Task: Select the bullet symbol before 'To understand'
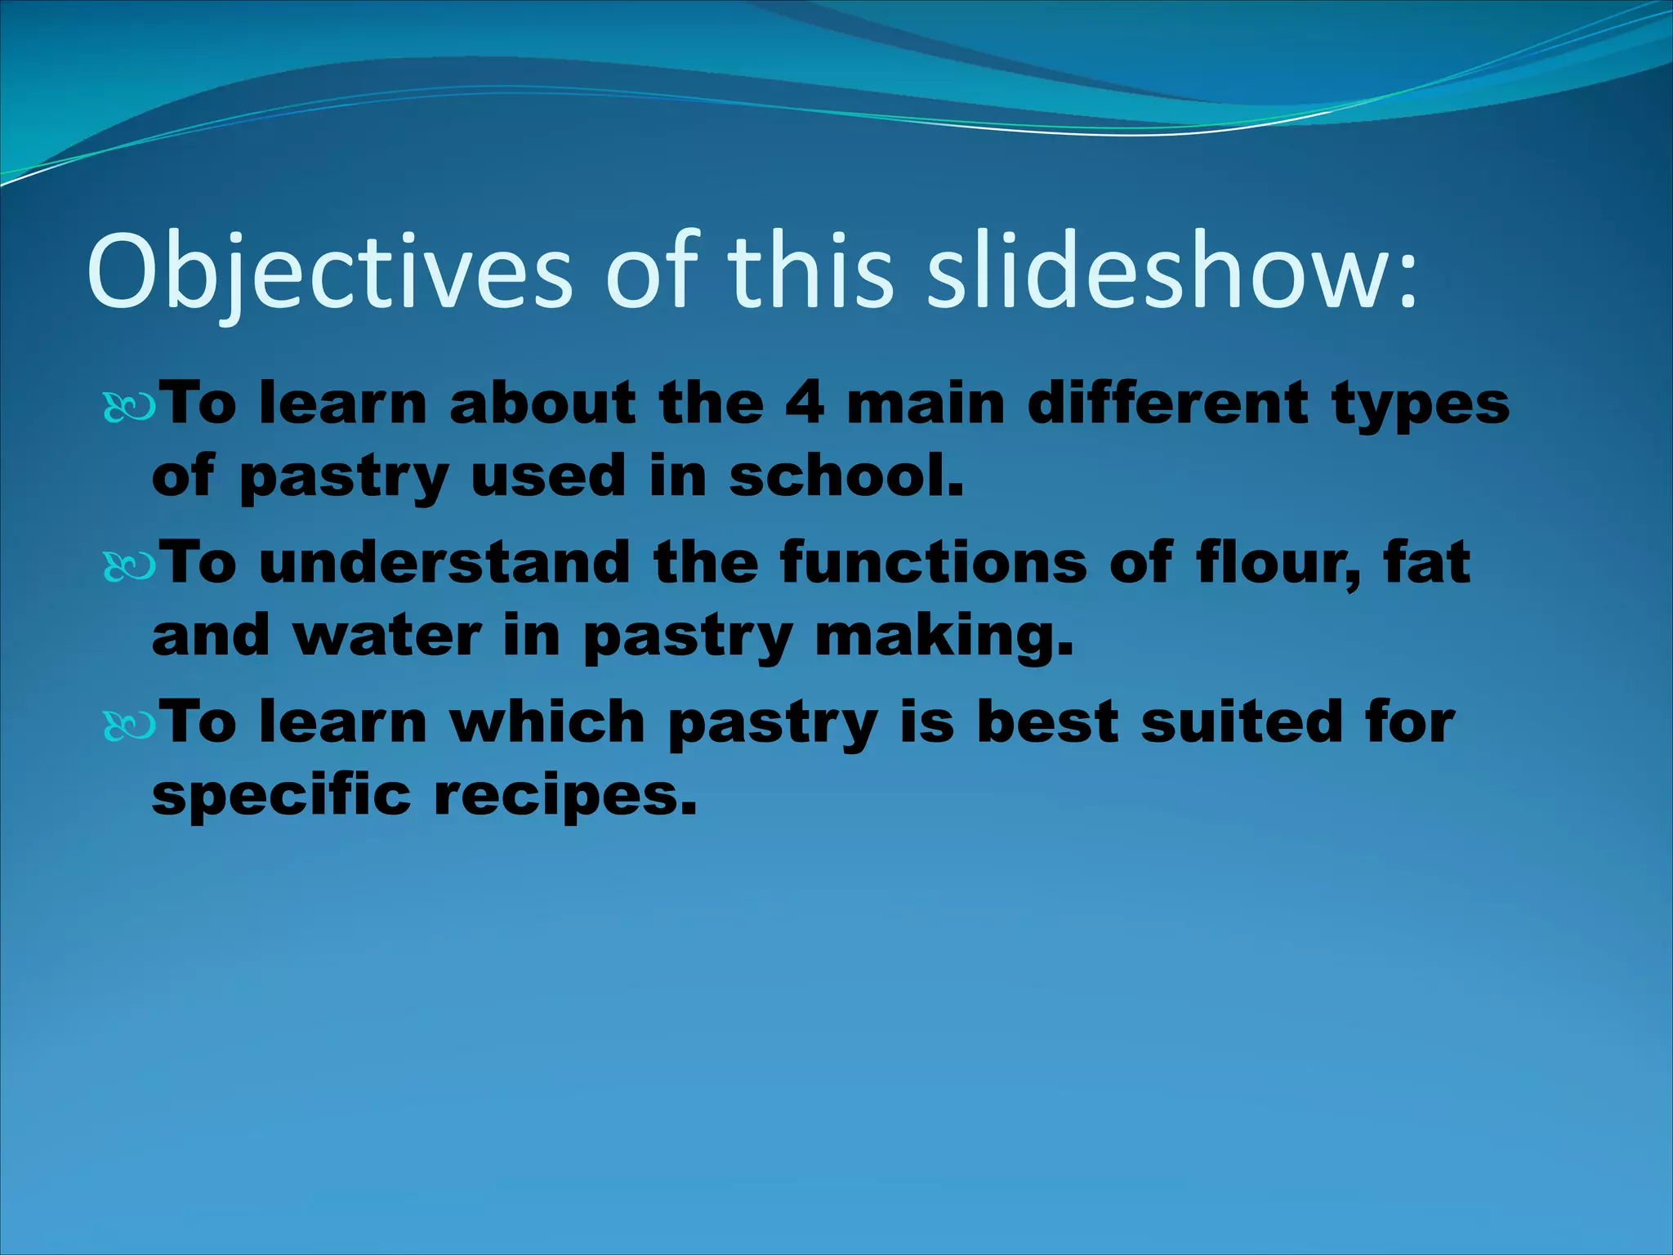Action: point(128,566)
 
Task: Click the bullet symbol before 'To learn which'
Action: point(128,726)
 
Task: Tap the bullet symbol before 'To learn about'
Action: point(128,407)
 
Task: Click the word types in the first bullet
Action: point(1421,404)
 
